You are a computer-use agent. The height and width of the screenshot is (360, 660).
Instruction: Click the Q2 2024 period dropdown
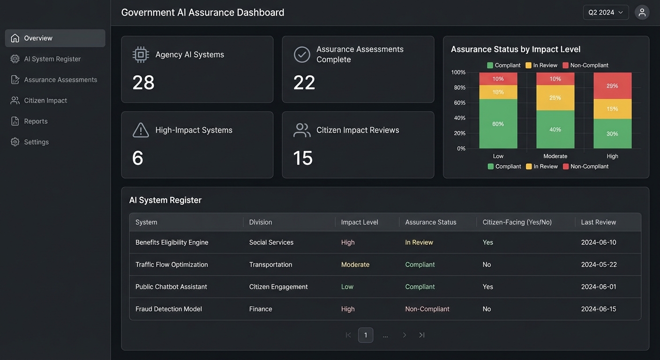tap(606, 13)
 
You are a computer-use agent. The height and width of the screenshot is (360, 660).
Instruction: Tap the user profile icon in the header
tap(642, 13)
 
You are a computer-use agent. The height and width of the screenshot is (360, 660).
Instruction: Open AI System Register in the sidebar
tap(52, 59)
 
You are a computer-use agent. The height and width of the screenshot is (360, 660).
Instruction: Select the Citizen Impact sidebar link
tap(45, 100)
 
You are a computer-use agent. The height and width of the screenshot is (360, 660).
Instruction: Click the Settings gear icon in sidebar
tap(15, 142)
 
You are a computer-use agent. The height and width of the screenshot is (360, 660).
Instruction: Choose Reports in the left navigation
tap(36, 121)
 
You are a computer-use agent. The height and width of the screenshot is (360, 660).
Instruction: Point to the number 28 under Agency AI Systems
tap(143, 82)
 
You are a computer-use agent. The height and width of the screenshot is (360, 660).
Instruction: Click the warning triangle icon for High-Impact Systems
tap(141, 130)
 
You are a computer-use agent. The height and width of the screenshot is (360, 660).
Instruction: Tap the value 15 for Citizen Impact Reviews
tap(303, 158)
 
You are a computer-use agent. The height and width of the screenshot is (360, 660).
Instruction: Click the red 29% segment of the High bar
tap(612, 86)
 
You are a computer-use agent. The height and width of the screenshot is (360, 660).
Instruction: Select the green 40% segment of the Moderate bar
tap(555, 129)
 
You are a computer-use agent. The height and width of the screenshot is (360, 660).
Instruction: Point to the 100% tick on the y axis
tap(458, 72)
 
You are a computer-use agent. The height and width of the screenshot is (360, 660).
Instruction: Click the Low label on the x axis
tap(498, 156)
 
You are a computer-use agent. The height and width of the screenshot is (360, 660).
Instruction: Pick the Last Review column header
tap(599, 222)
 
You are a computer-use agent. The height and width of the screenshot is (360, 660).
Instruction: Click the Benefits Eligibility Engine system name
tap(172, 242)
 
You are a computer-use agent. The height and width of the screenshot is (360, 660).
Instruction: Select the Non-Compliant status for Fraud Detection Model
tap(427, 309)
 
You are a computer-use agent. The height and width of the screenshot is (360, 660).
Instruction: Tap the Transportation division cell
tap(270, 264)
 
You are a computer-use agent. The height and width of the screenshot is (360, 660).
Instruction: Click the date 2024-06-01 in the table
tap(599, 286)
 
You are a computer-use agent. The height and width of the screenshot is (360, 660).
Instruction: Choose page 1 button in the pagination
tap(366, 335)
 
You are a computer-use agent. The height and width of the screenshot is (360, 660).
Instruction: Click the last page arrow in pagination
tap(422, 335)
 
